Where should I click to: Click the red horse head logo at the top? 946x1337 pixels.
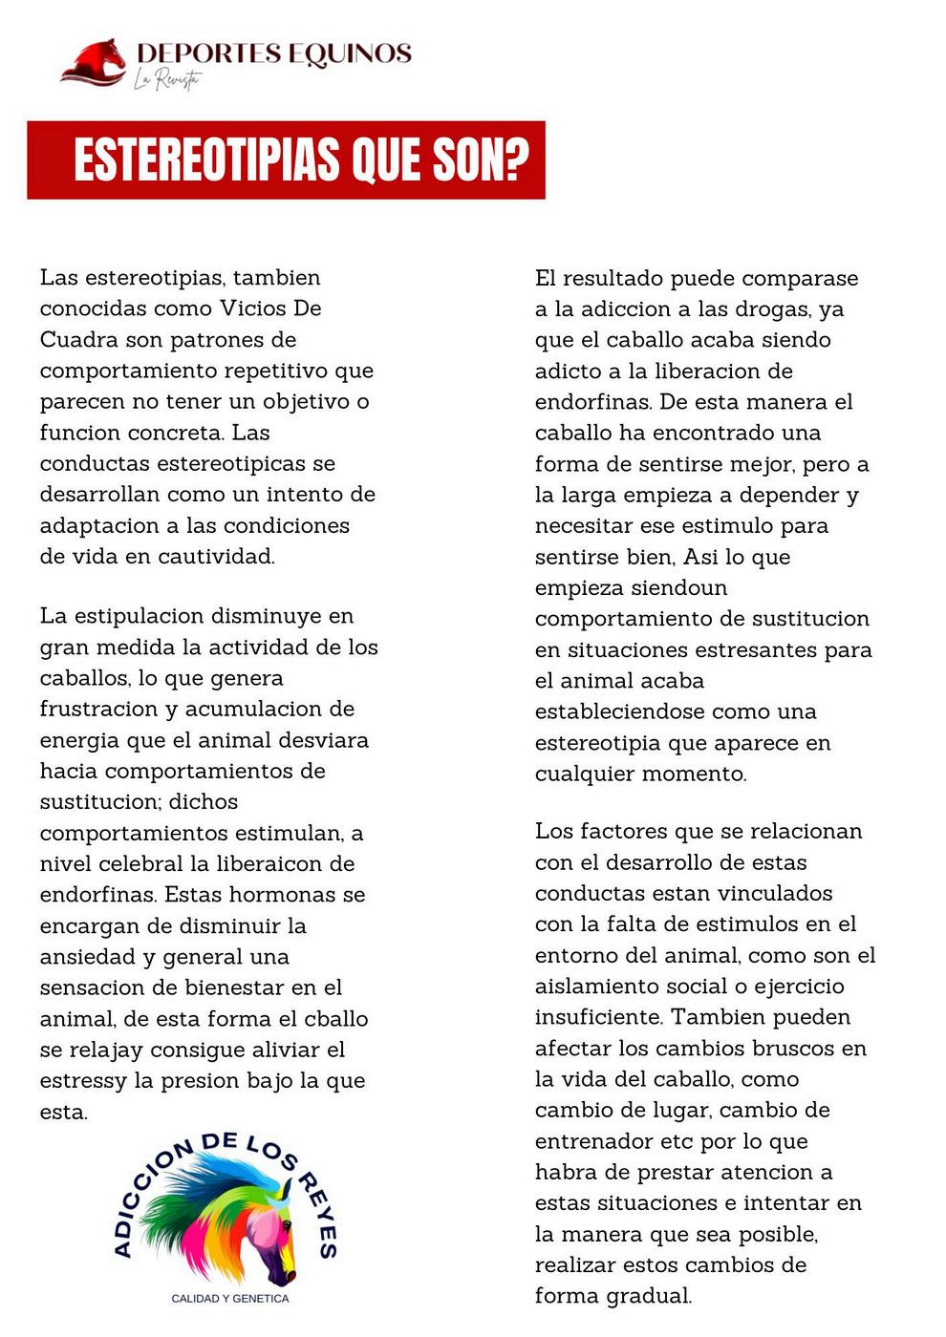(95, 63)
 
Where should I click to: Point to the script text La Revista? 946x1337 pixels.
(166, 80)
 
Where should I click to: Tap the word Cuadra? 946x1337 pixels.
(79, 340)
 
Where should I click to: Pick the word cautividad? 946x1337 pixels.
(216, 557)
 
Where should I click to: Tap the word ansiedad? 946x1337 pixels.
(87, 957)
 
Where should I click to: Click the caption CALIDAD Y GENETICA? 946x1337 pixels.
(229, 1299)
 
